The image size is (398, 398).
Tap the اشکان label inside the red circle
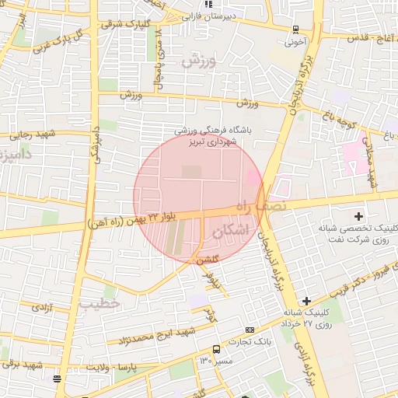(236, 230)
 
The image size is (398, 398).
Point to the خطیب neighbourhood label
(99, 302)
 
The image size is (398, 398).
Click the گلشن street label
(208, 260)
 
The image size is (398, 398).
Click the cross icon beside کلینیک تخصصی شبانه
(358, 215)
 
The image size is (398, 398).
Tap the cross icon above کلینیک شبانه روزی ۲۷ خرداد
(307, 301)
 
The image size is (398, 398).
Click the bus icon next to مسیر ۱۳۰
(216, 350)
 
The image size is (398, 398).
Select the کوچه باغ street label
(340, 117)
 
